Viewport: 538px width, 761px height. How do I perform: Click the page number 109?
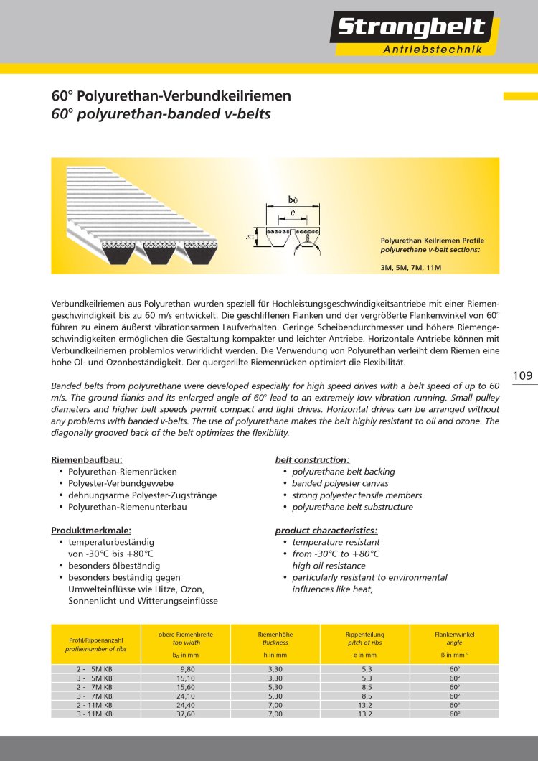point(523,375)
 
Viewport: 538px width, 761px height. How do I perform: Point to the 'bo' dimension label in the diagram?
point(293,199)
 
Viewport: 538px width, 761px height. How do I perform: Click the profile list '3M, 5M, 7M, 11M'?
point(410,267)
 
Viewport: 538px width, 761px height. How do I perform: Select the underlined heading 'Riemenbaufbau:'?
point(86,459)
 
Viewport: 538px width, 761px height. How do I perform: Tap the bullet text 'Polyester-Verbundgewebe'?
point(121,483)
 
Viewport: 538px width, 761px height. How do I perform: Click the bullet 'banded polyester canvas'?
point(341,483)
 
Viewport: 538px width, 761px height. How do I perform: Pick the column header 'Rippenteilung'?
point(365,635)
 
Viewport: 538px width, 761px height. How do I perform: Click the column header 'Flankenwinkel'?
point(454,635)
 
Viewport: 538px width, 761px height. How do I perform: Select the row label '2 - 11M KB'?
point(95,705)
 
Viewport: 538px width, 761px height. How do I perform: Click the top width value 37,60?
point(185,714)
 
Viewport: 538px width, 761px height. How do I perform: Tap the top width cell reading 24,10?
point(185,696)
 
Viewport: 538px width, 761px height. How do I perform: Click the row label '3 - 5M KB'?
point(95,678)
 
